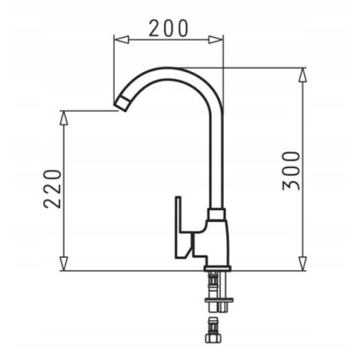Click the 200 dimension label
coord(168,27)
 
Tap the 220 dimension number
coord(52,188)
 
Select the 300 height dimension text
coord(293,169)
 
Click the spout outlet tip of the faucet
coord(120,102)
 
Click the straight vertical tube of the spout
coord(216,160)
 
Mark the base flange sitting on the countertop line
coord(216,268)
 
